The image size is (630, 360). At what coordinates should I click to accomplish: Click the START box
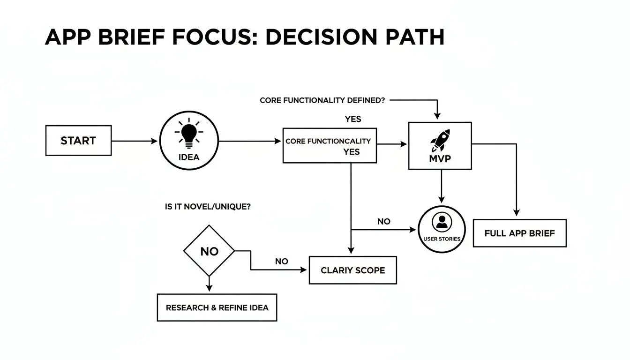(x=78, y=141)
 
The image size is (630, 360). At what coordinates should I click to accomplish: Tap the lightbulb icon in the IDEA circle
(x=189, y=133)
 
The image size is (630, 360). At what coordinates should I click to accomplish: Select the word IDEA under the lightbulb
(x=189, y=157)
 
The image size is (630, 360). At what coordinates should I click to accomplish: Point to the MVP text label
(x=440, y=159)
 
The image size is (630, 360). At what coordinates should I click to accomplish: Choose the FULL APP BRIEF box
(x=519, y=233)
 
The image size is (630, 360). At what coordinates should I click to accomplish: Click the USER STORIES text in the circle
(x=442, y=239)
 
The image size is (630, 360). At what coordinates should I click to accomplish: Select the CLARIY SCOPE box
(x=352, y=270)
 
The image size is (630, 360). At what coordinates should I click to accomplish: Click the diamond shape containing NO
(x=209, y=251)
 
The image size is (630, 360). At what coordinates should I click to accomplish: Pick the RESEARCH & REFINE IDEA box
(x=217, y=307)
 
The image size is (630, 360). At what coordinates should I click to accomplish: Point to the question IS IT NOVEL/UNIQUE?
(x=208, y=207)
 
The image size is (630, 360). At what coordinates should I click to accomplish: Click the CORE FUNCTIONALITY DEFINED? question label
(x=322, y=100)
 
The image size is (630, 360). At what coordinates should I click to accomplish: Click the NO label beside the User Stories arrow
(x=383, y=221)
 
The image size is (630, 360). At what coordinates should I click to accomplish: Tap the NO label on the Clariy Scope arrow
(x=281, y=261)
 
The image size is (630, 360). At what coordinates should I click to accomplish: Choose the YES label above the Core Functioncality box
(x=353, y=119)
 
